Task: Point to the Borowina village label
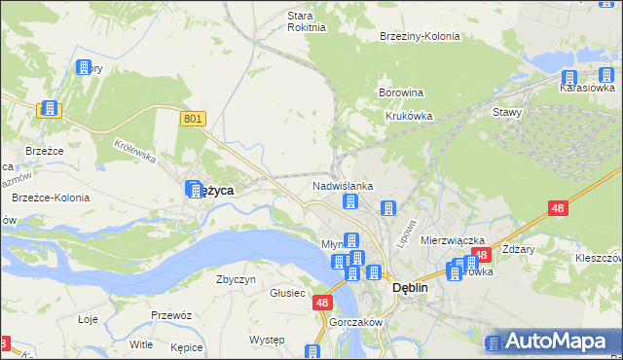coord(400,93)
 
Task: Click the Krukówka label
coord(409,115)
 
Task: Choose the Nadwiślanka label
coord(343,185)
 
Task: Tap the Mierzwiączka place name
coord(453,239)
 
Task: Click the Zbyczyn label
coord(236,279)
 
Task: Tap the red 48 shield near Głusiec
coord(322,304)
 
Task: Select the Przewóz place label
coord(169,315)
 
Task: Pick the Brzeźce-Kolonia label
coord(51,198)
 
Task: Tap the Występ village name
coord(266,340)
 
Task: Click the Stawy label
coord(507,112)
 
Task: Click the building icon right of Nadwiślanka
coord(388,207)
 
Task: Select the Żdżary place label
coord(518,249)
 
